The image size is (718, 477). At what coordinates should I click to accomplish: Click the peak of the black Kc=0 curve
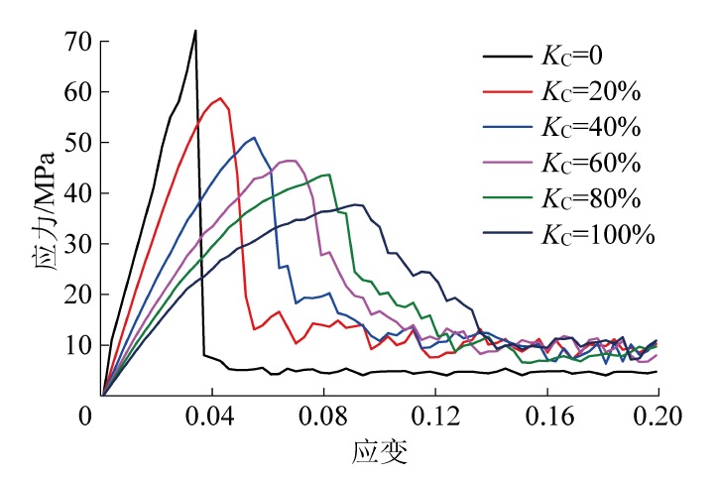pyautogui.click(x=195, y=30)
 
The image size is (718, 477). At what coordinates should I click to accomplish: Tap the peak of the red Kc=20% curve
pyautogui.click(x=220, y=97)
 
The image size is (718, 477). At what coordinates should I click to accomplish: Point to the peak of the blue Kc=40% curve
pyautogui.click(x=254, y=137)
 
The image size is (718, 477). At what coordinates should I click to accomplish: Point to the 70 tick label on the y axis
pyautogui.click(x=79, y=42)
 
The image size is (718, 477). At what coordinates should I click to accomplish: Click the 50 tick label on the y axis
pyautogui.click(x=79, y=143)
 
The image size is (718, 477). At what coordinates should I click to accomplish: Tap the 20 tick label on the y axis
pyautogui.click(x=79, y=295)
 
